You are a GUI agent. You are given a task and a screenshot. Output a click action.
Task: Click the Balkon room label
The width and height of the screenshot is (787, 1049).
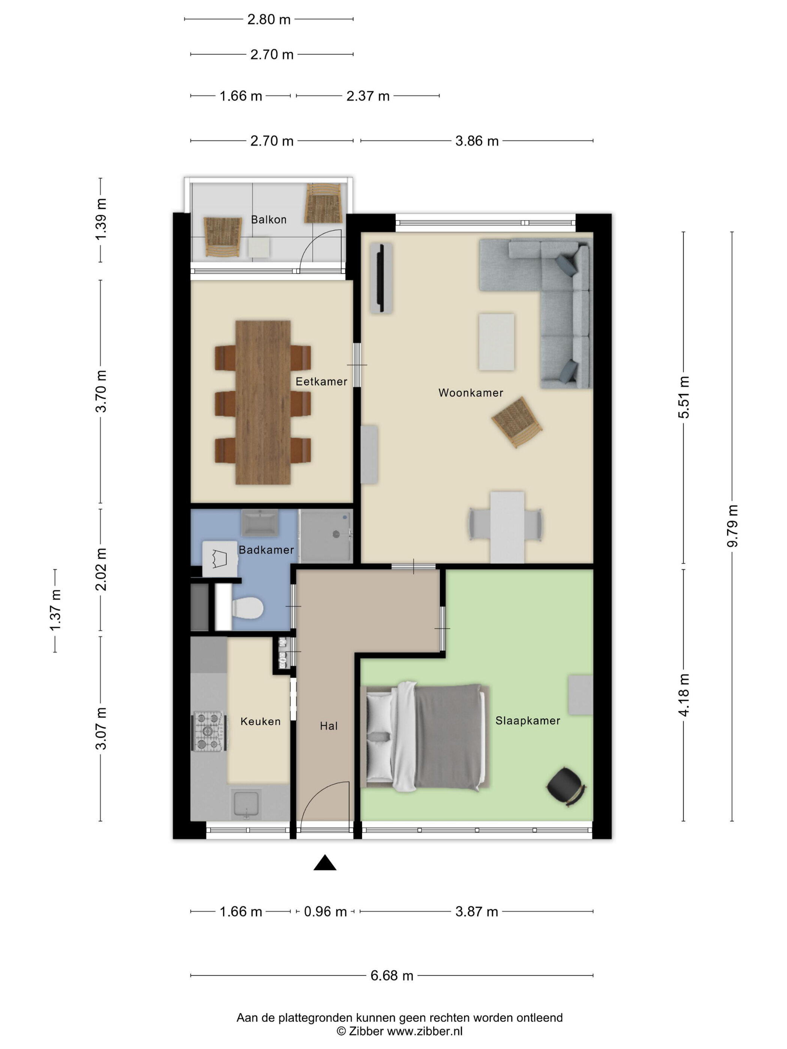click(x=268, y=220)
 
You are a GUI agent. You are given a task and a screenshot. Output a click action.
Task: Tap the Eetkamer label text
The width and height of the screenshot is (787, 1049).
click(x=321, y=381)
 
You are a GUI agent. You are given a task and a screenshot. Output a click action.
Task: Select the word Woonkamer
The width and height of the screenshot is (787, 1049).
click(x=471, y=393)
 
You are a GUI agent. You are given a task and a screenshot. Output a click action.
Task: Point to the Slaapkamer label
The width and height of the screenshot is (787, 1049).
click(x=528, y=720)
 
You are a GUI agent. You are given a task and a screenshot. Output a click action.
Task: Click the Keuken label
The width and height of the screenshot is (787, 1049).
click(x=260, y=721)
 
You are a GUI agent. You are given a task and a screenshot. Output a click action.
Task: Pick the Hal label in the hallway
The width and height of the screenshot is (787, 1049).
click(x=329, y=726)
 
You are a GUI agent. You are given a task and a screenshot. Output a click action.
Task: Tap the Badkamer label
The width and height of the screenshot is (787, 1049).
click(x=266, y=550)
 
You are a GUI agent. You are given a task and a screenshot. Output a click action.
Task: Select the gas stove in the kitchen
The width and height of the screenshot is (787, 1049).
click(x=208, y=731)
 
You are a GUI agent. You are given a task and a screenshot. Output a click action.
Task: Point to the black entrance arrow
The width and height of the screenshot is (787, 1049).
click(x=325, y=863)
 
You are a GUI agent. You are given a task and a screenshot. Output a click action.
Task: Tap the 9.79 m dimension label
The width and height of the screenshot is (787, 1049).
click(x=732, y=526)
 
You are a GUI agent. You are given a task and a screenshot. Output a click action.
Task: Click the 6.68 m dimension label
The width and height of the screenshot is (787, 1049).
click(x=392, y=976)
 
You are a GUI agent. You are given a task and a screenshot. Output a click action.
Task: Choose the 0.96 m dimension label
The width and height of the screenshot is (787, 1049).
click(x=325, y=912)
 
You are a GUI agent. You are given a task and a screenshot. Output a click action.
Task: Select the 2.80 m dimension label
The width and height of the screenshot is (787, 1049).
click(x=269, y=19)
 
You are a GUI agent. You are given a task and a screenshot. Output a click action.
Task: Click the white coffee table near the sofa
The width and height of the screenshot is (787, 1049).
click(x=497, y=341)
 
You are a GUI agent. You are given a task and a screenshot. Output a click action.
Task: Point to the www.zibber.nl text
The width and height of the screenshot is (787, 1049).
click(x=425, y=1031)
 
